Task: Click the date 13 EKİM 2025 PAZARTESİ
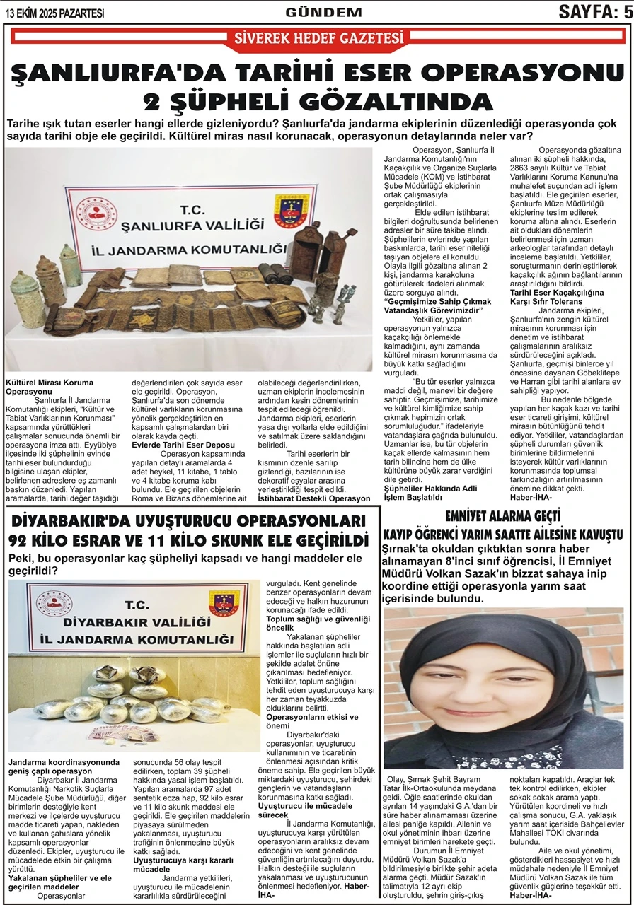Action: pos(54,13)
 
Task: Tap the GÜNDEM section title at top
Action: pos(323,12)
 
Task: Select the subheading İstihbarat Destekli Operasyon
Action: pos(313,498)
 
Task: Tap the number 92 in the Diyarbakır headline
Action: pos(25,541)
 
